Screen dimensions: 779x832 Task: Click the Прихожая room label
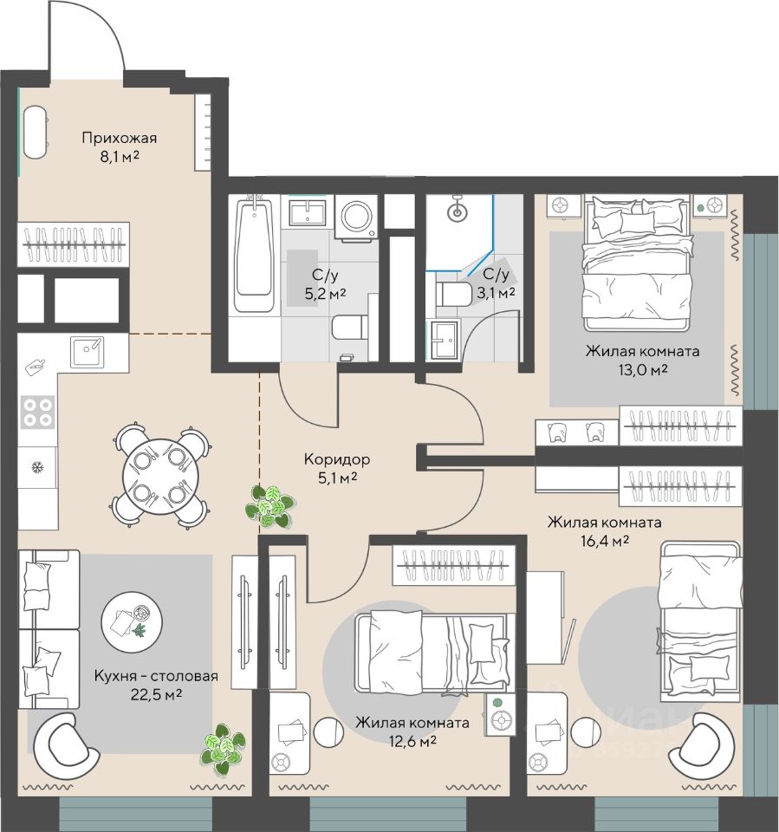(120, 139)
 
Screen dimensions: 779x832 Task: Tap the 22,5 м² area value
(157, 694)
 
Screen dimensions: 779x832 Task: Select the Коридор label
(337, 459)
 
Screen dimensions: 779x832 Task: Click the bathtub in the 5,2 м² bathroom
(255, 254)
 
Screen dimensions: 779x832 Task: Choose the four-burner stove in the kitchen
(37, 413)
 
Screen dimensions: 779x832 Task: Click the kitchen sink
(88, 351)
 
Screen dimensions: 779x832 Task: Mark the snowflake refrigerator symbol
(37, 467)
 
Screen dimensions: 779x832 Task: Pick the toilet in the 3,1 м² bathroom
(454, 294)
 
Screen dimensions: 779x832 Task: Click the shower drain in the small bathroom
(457, 213)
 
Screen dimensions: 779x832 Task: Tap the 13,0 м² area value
(643, 370)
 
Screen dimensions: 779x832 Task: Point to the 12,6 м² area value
(412, 741)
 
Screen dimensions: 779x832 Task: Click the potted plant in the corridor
(269, 506)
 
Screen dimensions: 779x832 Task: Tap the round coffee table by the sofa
(132, 622)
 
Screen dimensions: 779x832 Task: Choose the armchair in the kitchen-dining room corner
(66, 746)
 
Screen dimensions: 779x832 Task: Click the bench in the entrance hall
(36, 132)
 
